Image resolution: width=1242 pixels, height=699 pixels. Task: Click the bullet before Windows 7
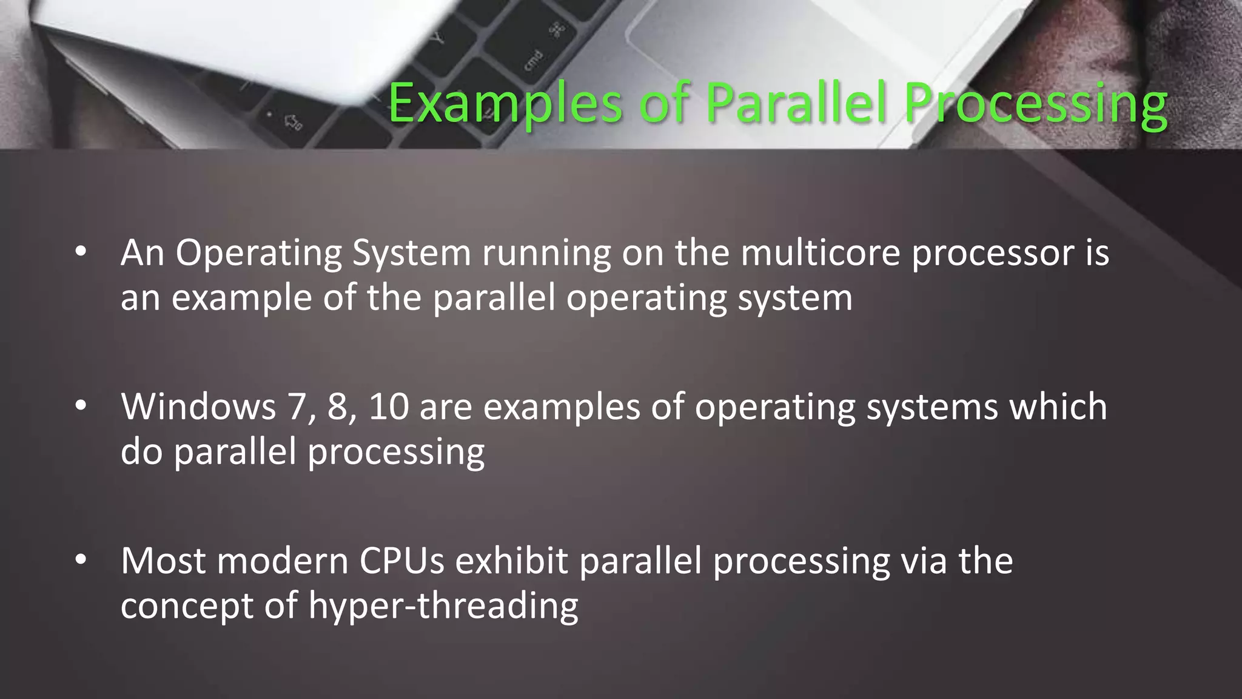(81, 406)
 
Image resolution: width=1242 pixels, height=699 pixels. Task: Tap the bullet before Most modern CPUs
(81, 560)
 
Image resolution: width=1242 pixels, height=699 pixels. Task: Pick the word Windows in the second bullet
(198, 406)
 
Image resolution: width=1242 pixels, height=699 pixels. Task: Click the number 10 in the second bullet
(389, 406)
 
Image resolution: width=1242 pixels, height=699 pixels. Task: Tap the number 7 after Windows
(297, 406)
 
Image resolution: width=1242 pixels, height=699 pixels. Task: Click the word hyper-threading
(443, 606)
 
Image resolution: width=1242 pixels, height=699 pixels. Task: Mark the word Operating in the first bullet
(258, 252)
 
